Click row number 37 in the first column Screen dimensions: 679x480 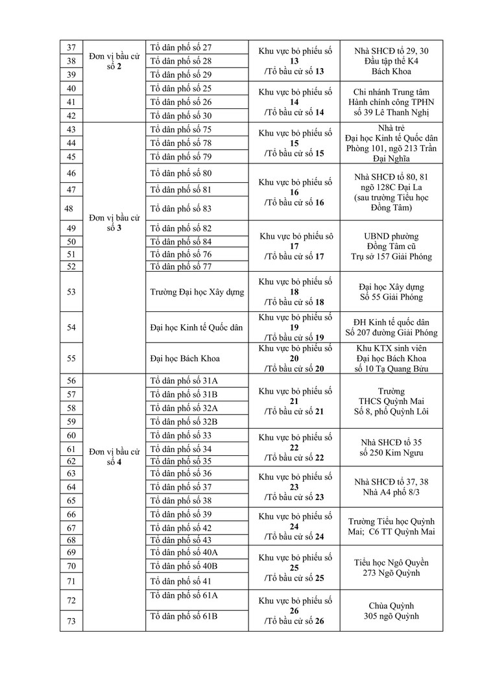(71, 47)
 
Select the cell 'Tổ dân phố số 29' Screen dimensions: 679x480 (181, 75)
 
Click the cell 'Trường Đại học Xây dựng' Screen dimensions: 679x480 (197, 292)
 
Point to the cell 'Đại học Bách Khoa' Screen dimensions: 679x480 (184, 358)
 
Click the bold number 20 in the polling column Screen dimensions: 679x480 (294, 358)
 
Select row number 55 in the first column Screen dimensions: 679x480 (71, 358)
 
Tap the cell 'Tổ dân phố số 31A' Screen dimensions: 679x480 (184, 381)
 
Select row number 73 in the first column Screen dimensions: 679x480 (71, 621)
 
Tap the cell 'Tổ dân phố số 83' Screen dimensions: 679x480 (181, 209)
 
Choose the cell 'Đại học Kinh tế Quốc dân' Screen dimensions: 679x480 (197, 328)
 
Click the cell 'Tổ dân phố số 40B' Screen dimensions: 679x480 (184, 566)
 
